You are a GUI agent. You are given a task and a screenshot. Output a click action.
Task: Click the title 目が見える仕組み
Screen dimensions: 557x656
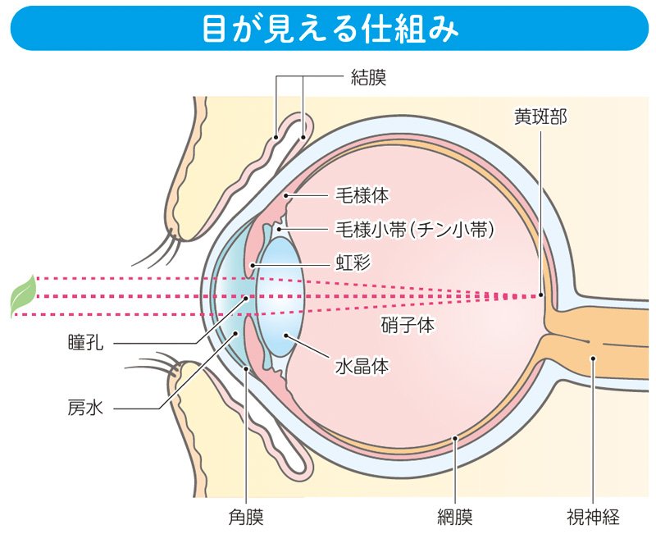pyautogui.click(x=329, y=27)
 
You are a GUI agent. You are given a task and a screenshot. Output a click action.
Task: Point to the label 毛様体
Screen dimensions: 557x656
pyautogui.click(x=362, y=195)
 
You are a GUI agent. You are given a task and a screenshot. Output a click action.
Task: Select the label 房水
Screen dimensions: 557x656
pyautogui.click(x=85, y=405)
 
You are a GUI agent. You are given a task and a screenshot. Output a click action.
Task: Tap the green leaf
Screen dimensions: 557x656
pyautogui.click(x=22, y=296)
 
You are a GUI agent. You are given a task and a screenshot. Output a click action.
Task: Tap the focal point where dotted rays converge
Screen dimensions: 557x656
pyautogui.click(x=541, y=295)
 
